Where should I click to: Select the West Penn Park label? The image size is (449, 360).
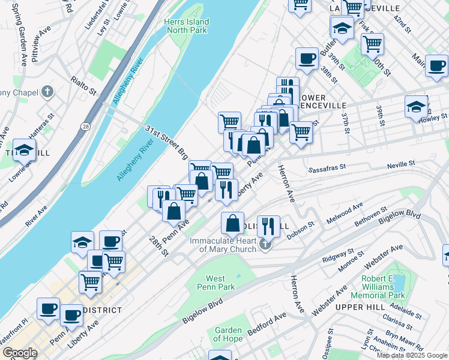(215, 283)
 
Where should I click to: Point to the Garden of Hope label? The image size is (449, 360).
(228, 335)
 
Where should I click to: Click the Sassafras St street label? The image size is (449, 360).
(328, 170)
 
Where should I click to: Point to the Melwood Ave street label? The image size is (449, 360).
(345, 214)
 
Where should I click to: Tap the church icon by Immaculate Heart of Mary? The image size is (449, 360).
(265, 244)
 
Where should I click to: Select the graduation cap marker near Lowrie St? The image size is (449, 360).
(24, 150)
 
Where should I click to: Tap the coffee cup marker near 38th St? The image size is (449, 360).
(307, 59)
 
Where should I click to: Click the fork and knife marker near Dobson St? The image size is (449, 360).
(268, 226)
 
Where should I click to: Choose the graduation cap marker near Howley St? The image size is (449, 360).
(416, 107)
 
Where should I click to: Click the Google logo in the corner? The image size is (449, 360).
(20, 353)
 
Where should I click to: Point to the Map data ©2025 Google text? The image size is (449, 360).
(412, 355)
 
